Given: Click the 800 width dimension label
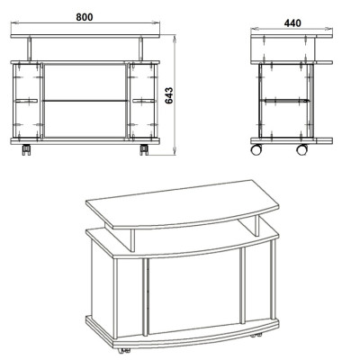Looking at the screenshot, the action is point(85,17).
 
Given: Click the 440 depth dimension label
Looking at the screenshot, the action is point(292,22).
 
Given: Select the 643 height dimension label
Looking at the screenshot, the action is point(169,95).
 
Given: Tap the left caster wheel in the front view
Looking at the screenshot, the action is point(26,150).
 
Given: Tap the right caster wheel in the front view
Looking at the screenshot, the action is point(144,150).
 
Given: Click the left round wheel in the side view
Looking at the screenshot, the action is point(256,149).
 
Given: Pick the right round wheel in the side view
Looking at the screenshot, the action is point(301,149).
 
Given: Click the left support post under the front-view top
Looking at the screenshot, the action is point(30,49).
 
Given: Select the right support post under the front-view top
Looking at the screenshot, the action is point(140,49).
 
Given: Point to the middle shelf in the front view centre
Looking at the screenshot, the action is point(85,101).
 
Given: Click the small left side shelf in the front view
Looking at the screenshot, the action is point(26,101).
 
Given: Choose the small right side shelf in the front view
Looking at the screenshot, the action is point(144,101).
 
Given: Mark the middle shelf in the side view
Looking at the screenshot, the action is point(284,100).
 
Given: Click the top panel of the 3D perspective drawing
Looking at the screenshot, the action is point(183,204).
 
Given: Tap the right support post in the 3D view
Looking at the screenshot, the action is point(256,225).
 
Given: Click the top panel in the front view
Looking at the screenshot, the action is point(85,36).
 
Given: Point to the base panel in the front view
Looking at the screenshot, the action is point(85,141).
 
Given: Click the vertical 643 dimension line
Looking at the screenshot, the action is point(175,95).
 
